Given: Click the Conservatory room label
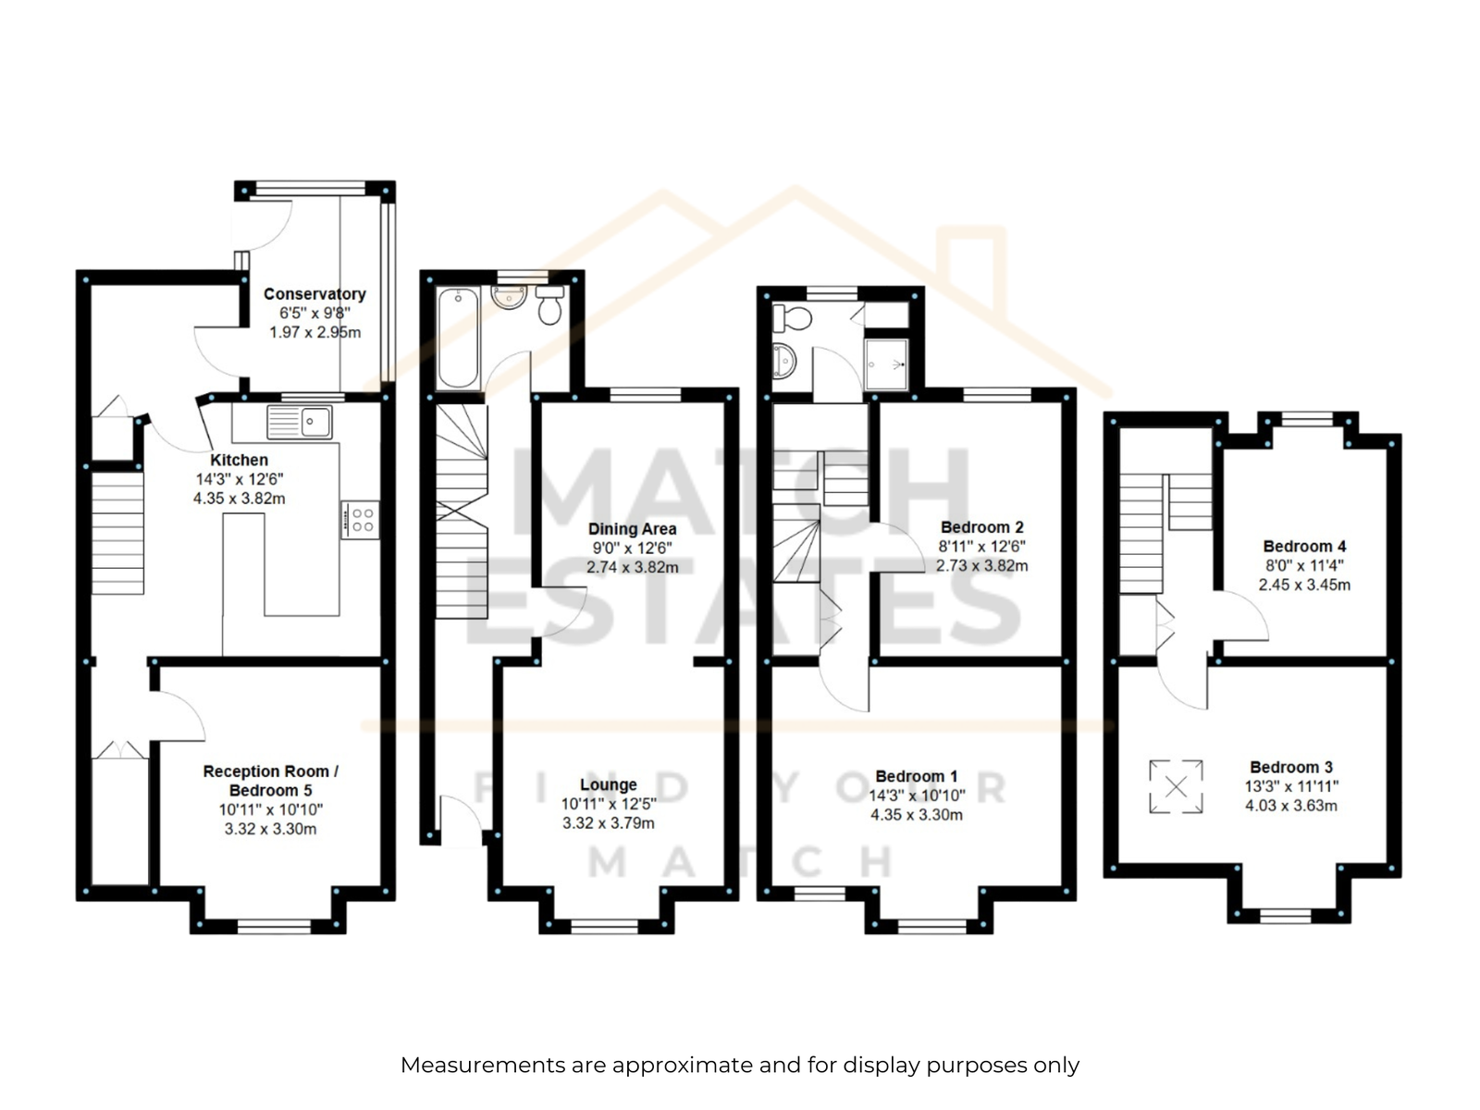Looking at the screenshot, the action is (x=314, y=294).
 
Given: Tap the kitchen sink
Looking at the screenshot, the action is (x=299, y=422).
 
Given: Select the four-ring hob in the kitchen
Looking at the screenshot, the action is (x=360, y=520).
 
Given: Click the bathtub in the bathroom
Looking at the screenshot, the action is (x=458, y=339).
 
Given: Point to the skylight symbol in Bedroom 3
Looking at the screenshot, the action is (x=1176, y=786).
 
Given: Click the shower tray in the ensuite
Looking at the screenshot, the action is (x=886, y=364).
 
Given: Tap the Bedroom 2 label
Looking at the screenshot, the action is (x=981, y=527).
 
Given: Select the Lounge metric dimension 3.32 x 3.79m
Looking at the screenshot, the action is (x=608, y=823).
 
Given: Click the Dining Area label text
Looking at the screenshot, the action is (x=632, y=529).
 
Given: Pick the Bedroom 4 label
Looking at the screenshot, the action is (x=1304, y=546).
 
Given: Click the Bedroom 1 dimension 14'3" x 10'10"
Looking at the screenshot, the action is (x=917, y=795).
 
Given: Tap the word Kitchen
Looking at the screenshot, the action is (x=239, y=460).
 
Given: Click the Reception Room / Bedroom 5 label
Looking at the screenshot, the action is (x=270, y=781).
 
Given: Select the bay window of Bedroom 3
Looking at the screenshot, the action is (x=1285, y=915).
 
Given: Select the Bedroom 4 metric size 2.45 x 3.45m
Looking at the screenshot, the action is (x=1304, y=585).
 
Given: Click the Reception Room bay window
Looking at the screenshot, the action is (x=274, y=927).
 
